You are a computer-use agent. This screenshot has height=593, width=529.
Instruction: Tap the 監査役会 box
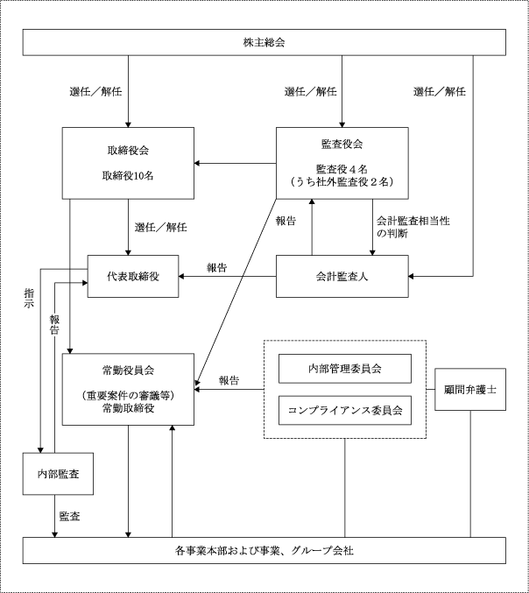click(x=342, y=162)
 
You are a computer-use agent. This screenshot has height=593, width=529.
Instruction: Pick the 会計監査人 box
click(x=342, y=275)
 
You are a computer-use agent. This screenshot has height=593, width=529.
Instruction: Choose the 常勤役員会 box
click(x=127, y=389)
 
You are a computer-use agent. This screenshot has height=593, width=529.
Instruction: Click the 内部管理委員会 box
click(x=344, y=369)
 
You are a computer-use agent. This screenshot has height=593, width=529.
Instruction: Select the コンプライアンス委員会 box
click(x=344, y=409)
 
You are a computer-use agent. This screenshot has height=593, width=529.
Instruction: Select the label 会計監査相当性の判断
click(x=400, y=228)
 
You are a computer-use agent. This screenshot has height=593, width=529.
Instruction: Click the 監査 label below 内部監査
click(x=71, y=517)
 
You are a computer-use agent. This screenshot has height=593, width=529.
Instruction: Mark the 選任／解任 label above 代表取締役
click(x=160, y=228)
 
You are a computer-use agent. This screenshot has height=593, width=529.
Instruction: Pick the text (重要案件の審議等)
click(x=127, y=396)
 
